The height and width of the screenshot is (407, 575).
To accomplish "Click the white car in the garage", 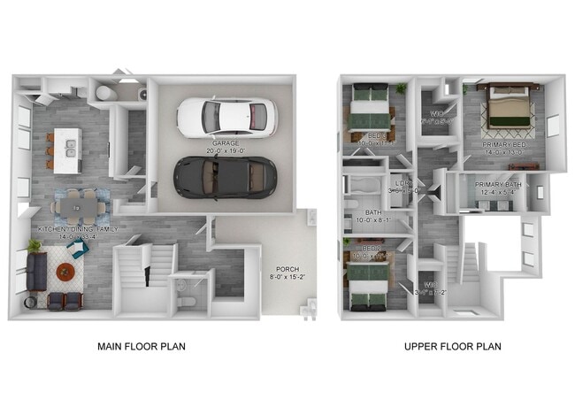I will point(226,115).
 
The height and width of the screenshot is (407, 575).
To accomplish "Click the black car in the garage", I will point(226,177).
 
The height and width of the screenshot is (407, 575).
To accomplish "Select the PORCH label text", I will point(287,269).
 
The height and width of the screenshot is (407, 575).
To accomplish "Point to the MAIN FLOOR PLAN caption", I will point(142,346).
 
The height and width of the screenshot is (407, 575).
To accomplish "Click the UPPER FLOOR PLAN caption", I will point(452,346).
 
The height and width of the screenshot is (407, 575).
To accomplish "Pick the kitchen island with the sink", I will point(65,150).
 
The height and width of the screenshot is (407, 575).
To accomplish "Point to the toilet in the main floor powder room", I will point(181,302).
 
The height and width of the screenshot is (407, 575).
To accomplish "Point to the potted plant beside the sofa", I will point(34,244).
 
